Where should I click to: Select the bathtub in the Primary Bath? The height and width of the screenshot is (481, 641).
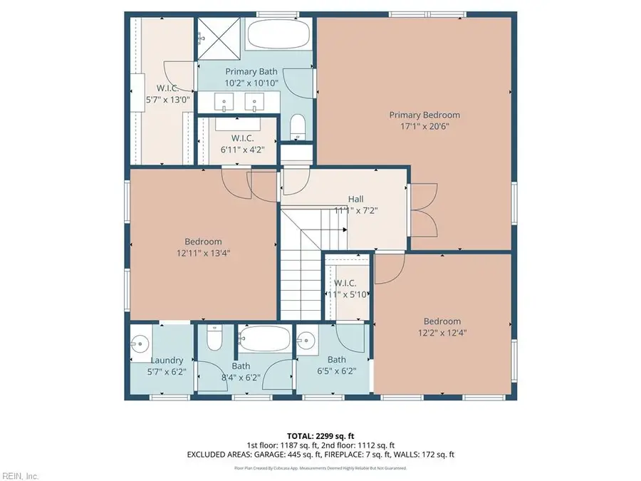tap(277, 35)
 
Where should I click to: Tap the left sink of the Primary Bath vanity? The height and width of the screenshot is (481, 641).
tap(226, 103)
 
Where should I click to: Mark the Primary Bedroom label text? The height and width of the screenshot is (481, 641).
tap(424, 115)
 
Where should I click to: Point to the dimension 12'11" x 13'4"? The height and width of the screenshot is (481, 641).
tap(203, 252)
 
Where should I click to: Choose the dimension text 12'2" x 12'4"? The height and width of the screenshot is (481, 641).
tap(442, 332)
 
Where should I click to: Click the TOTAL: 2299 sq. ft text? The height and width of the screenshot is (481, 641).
tap(320, 435)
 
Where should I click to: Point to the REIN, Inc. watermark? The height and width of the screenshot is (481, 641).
tap(20, 475)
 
